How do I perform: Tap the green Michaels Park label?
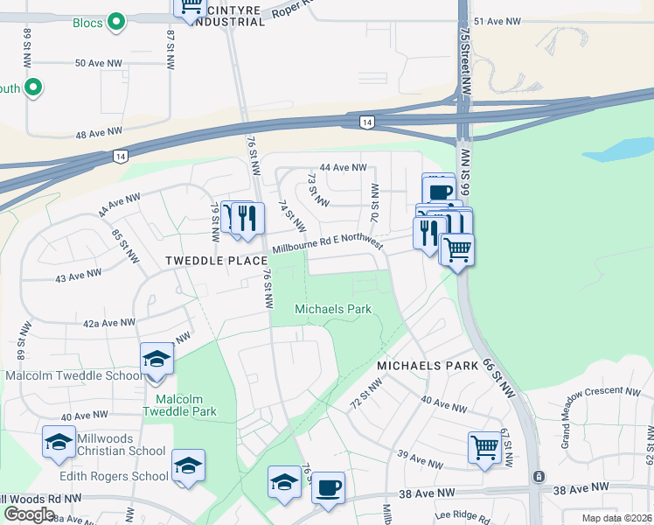click(333, 309)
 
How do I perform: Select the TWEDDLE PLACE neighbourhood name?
click(216, 261)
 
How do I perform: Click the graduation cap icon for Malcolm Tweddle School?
click(157, 360)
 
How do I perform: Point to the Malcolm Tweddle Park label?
click(179, 405)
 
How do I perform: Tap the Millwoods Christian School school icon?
click(59, 443)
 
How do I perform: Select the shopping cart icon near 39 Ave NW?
click(484, 449)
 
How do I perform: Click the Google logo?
click(29, 514)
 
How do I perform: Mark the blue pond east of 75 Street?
click(616, 150)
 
